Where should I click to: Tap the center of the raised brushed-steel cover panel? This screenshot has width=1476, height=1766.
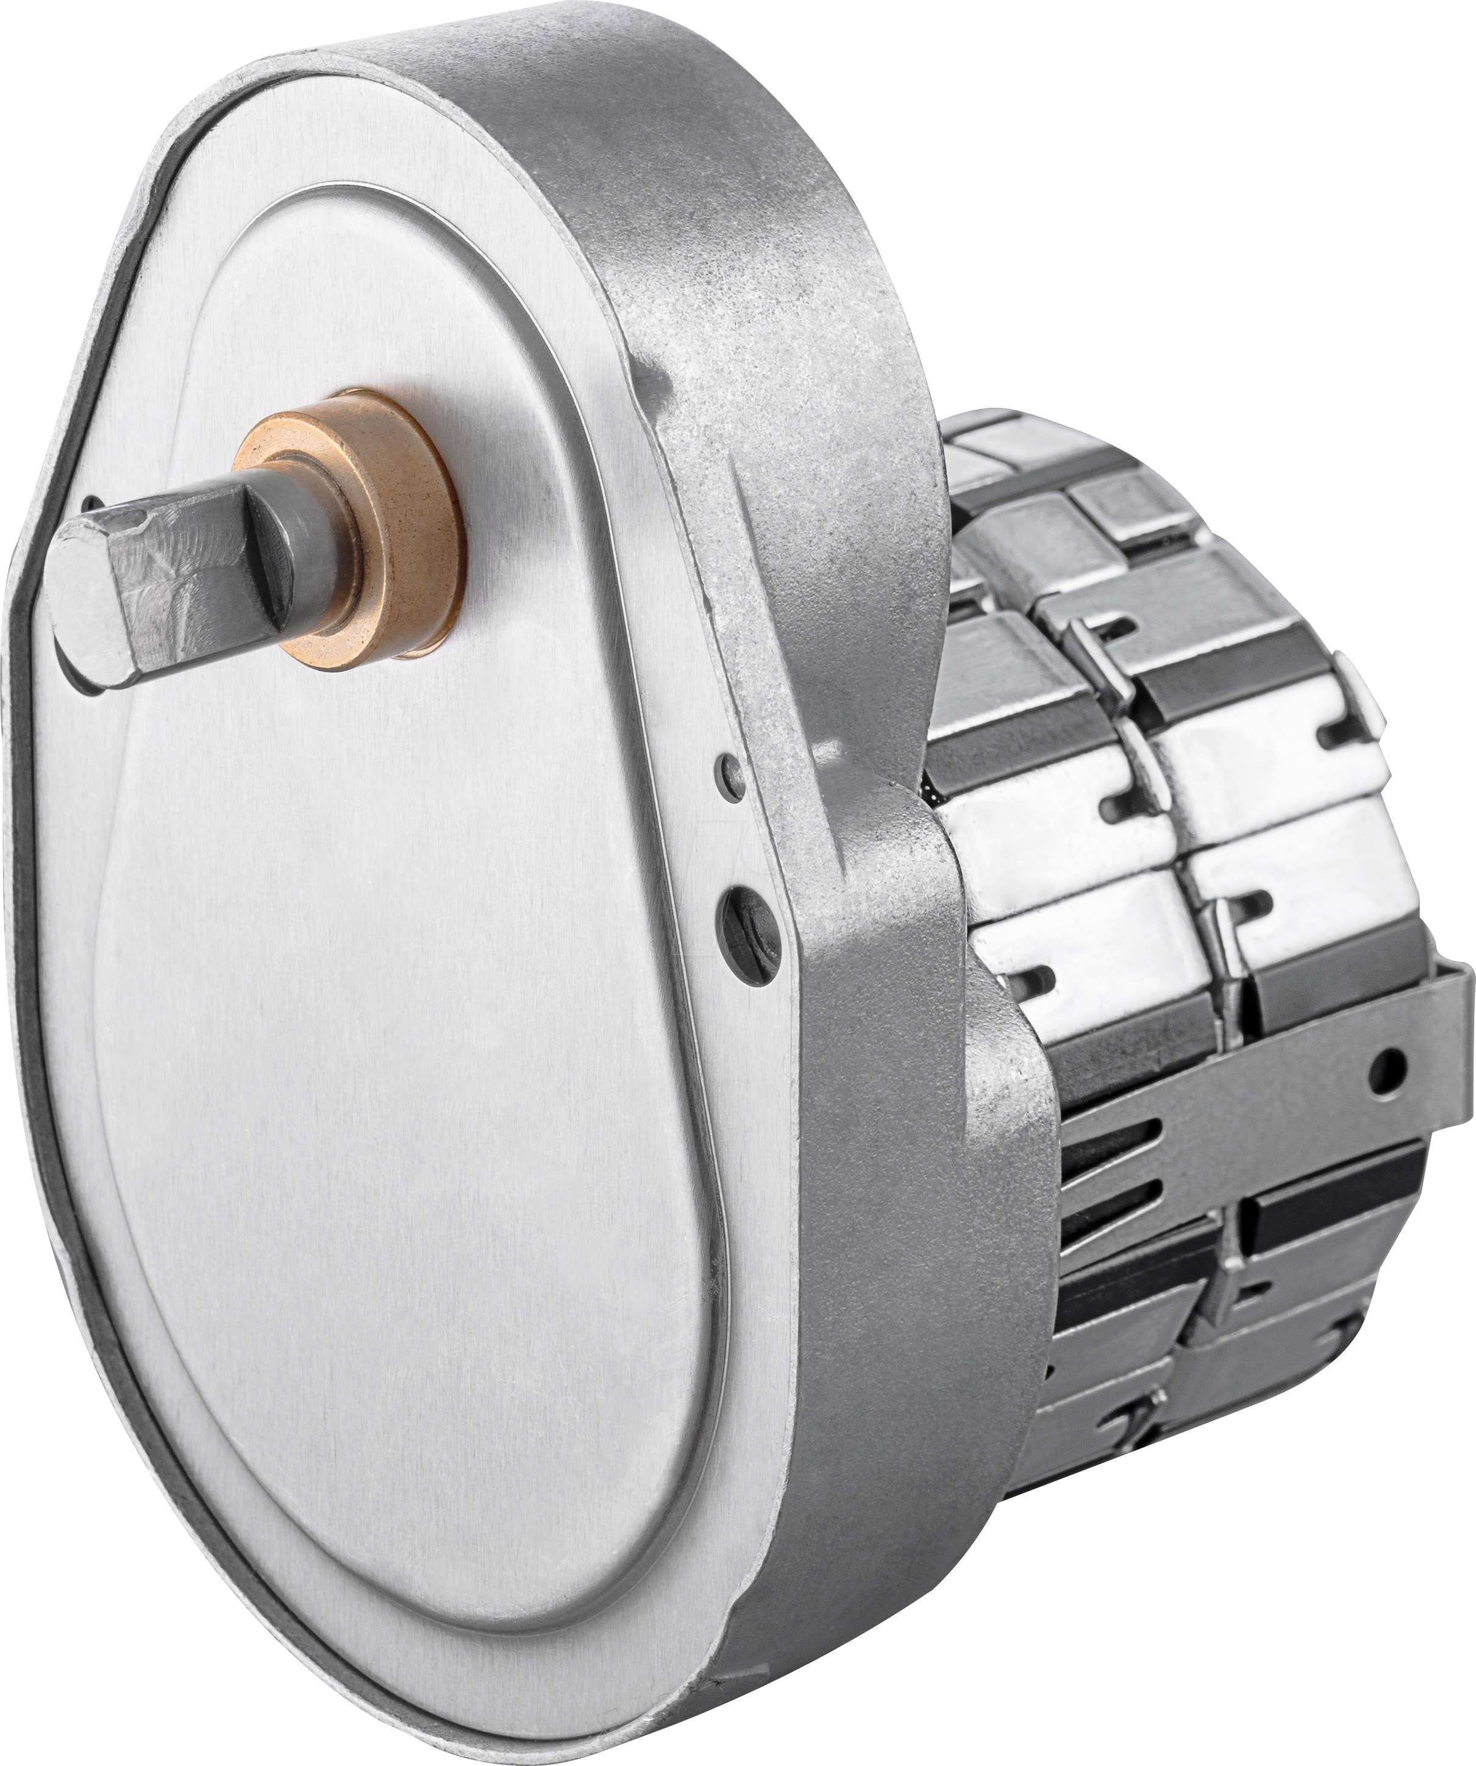click(395, 967)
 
